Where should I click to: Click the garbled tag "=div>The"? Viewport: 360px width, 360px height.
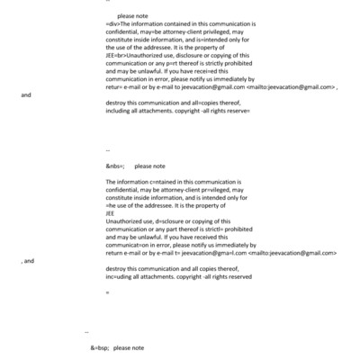click(x=118, y=25)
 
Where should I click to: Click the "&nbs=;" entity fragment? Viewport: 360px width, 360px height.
click(x=114, y=166)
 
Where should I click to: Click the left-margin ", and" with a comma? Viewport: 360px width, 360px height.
click(x=27, y=261)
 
